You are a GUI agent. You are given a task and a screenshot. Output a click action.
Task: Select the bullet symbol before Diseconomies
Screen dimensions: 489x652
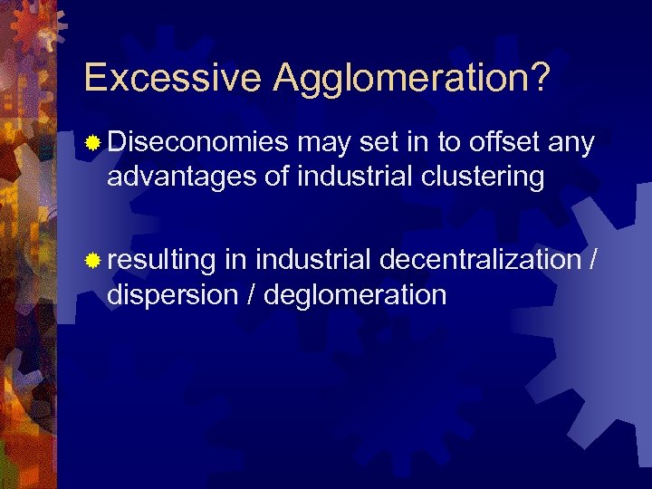point(92,142)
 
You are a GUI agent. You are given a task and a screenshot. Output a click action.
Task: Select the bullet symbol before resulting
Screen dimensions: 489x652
point(92,261)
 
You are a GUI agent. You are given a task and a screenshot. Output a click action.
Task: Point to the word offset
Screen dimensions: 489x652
point(501,142)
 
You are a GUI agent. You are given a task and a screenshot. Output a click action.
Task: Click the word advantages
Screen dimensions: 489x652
point(180,177)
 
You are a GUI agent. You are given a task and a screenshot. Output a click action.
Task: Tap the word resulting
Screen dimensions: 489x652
point(160,262)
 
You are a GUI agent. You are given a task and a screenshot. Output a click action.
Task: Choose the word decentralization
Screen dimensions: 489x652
point(479,261)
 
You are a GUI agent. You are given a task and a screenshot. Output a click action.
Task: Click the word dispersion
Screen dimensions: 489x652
point(173,295)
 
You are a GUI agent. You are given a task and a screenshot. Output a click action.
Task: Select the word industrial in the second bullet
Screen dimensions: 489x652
point(312,261)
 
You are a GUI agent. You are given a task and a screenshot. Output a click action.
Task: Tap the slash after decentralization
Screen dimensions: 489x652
point(592,261)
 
